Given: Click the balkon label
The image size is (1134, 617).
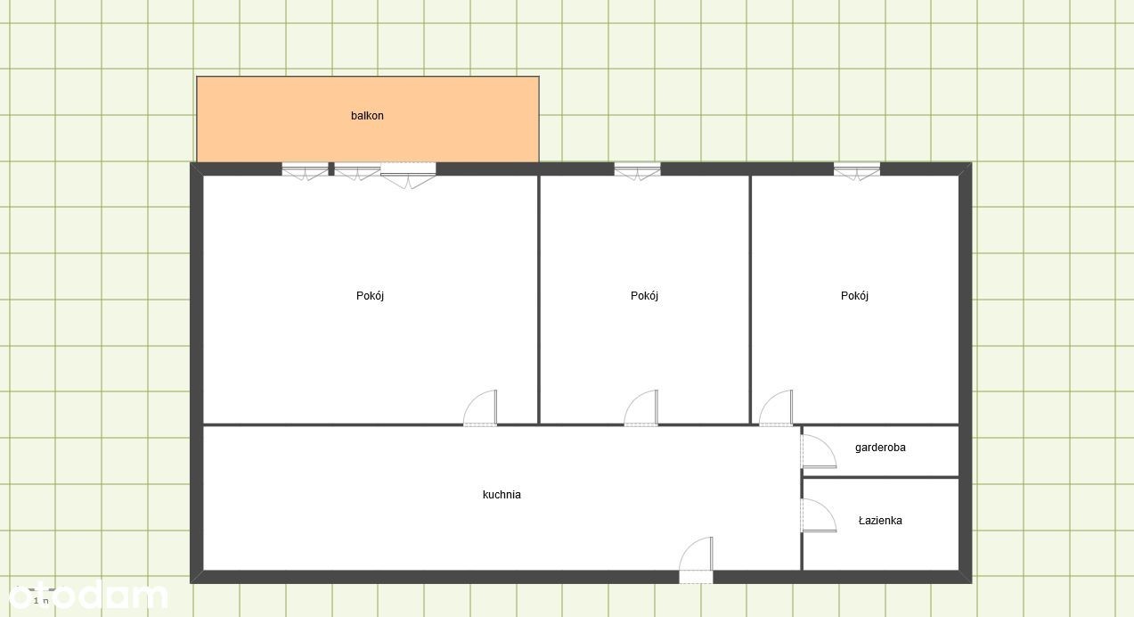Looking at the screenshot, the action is tap(367, 116).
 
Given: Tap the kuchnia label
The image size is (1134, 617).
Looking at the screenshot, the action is tap(502, 495).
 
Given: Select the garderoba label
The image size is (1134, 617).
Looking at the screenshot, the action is tap(880, 448).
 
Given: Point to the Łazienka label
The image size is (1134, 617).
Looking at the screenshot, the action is tap(880, 520).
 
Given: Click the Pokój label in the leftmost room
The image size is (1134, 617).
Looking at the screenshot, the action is tap(370, 296).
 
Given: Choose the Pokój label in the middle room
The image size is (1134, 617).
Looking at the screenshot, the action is tap(644, 296).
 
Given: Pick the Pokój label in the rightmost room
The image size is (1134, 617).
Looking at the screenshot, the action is tap(854, 296).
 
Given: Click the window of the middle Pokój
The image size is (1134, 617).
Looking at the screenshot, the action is tap(637, 171).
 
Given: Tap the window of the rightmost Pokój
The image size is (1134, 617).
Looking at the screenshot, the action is tap(857, 171).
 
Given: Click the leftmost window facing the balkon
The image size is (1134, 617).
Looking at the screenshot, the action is tap(305, 171).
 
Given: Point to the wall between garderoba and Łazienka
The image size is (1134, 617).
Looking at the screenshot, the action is tap(881, 477).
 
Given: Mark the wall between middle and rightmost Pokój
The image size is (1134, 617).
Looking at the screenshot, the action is tap(750, 300).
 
